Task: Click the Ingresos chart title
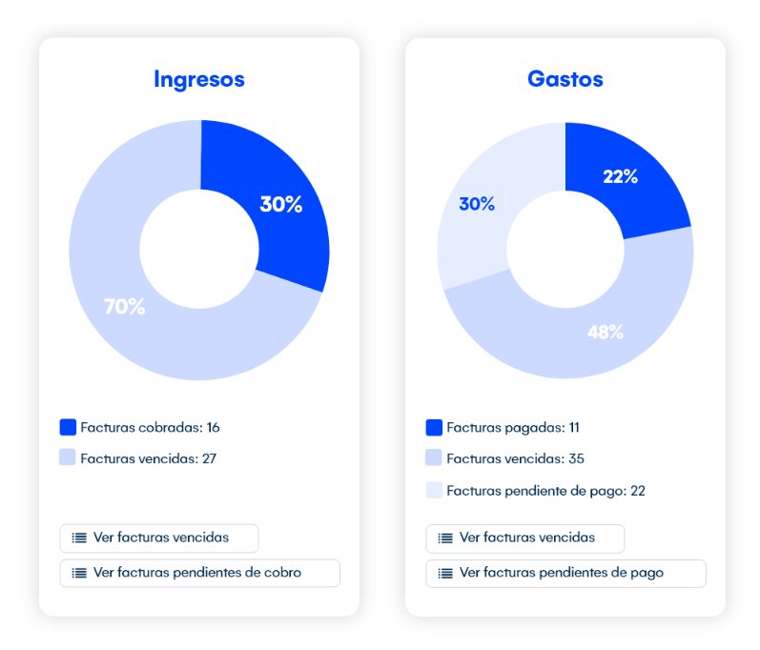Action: click(198, 79)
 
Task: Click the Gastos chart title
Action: click(565, 79)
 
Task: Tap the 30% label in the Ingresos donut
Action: click(280, 204)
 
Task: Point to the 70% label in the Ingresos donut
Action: click(124, 307)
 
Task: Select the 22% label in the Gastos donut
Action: click(620, 176)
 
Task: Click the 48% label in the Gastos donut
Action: click(605, 332)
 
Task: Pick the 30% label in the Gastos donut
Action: click(477, 204)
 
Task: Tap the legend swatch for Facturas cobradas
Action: click(68, 427)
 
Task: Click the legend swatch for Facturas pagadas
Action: click(434, 428)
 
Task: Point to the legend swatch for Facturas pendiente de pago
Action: click(434, 491)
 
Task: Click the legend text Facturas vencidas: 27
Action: click(148, 458)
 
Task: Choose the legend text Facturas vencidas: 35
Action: click(515, 458)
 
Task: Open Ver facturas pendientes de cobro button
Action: click(199, 573)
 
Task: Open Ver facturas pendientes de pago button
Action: click(565, 573)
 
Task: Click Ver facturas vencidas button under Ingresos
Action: click(158, 538)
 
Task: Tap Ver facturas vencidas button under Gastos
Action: click(524, 538)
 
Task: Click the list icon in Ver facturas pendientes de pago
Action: click(445, 573)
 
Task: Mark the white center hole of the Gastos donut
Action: click(565, 250)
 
